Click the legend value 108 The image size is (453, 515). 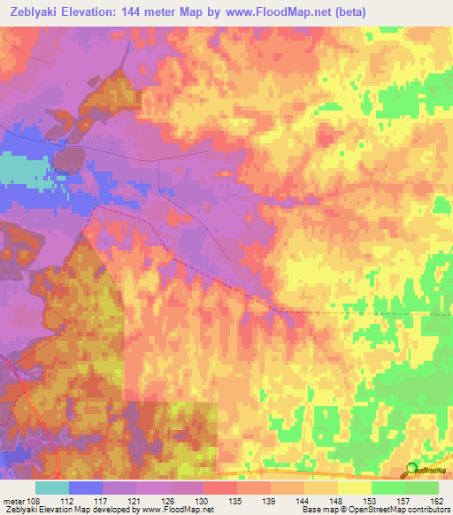(x=34, y=501)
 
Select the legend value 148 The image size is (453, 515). (x=335, y=501)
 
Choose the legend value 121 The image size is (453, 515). (x=135, y=501)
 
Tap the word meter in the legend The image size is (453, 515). (x=12, y=501)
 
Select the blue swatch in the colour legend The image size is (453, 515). (x=86, y=488)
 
